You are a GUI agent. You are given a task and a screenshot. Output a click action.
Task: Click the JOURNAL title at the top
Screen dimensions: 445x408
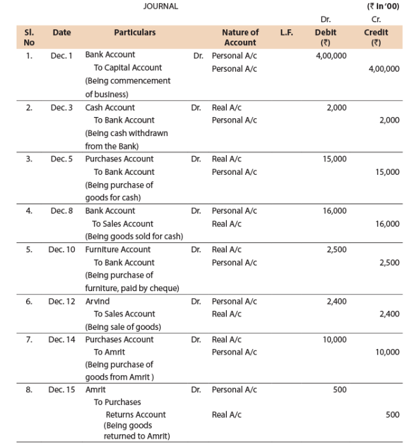[161, 6]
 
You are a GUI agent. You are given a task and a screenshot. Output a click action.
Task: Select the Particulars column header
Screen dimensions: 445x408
[135, 32]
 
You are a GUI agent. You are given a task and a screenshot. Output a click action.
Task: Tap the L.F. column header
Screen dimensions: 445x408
[286, 32]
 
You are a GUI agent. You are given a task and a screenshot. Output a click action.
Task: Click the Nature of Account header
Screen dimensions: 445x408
[240, 37]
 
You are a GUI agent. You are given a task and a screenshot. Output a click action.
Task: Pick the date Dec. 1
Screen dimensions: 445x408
[62, 55]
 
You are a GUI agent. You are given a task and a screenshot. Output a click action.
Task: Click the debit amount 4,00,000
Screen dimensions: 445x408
[331, 55]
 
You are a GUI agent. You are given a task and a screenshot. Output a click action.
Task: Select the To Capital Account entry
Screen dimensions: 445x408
[128, 68]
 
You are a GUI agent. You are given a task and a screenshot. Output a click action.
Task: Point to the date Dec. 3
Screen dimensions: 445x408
[62, 107]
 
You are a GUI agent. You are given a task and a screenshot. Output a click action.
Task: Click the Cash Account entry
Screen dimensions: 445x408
[110, 107]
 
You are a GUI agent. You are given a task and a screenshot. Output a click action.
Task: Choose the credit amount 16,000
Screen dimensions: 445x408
[387, 224]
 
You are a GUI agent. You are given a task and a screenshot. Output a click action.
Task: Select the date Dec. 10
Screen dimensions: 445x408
[62, 249]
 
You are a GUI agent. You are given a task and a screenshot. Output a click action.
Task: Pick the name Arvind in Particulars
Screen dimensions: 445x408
[97, 301]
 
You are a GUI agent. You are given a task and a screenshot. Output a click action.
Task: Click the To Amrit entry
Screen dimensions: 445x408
[109, 352]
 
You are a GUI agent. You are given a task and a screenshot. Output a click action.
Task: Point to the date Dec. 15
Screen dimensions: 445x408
[62, 390]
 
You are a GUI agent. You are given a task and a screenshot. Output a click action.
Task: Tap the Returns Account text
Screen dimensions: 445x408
[135, 414]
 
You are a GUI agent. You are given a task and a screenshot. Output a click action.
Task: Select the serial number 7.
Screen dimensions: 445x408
[29, 339]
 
